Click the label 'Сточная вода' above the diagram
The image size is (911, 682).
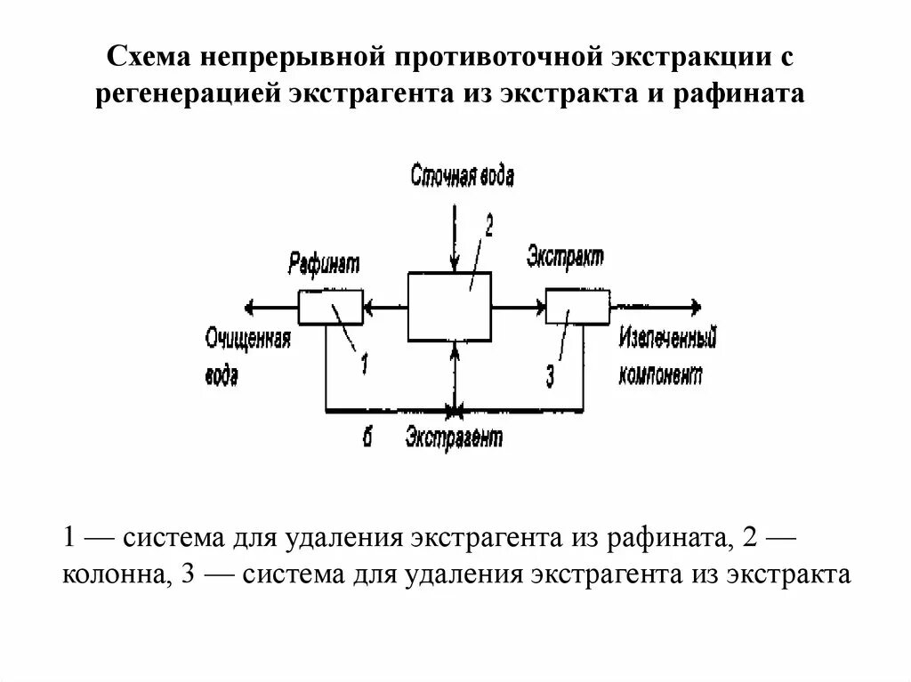(462, 175)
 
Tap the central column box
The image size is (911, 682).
(450, 307)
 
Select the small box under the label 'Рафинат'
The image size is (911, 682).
(330, 308)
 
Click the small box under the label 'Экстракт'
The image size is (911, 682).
(577, 307)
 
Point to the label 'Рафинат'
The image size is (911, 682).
(322, 263)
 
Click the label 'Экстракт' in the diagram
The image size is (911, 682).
(565, 257)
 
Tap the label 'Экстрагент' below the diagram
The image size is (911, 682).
(454, 437)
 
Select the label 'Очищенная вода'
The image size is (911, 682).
(247, 357)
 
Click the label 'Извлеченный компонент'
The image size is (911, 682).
(666, 356)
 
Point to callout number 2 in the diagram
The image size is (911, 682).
(488, 227)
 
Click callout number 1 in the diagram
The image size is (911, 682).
(364, 365)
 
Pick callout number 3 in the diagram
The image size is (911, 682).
(550, 377)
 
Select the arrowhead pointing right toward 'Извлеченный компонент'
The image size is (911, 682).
(695, 308)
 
